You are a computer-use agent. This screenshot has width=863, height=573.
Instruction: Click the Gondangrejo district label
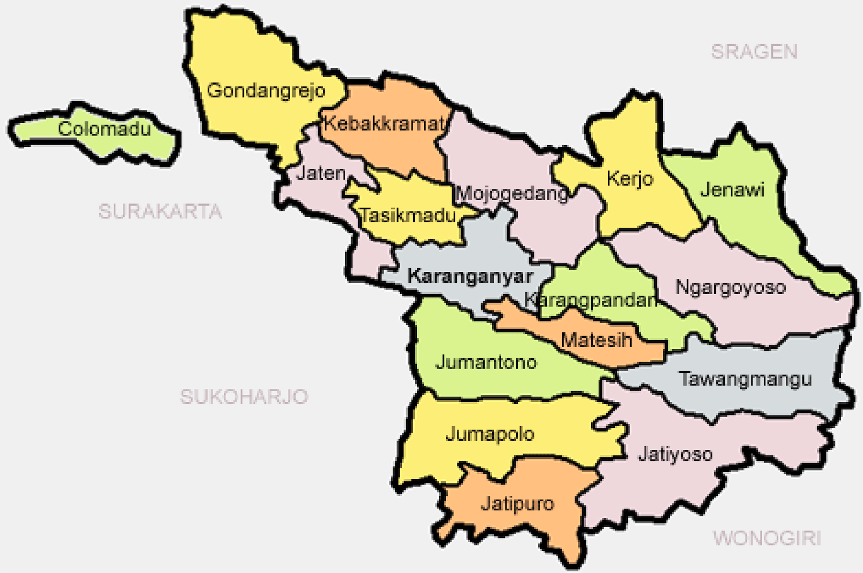click(266, 91)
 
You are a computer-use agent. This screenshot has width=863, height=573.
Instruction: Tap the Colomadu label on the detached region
click(104, 129)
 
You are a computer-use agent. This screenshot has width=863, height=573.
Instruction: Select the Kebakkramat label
click(383, 124)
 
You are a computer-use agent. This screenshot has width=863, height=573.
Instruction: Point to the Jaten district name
click(321, 173)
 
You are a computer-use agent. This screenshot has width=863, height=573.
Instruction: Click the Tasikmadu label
click(408, 216)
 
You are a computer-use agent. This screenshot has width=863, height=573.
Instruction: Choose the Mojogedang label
click(512, 193)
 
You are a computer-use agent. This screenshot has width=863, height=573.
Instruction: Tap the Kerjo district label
click(629, 179)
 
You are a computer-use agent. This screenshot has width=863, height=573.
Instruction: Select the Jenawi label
click(732, 190)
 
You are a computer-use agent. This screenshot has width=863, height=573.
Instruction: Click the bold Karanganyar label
click(470, 276)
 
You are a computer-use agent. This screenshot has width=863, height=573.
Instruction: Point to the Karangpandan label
click(590, 300)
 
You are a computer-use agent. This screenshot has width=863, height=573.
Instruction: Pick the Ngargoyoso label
click(730, 288)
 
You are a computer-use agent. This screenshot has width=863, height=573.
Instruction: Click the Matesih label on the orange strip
click(596, 340)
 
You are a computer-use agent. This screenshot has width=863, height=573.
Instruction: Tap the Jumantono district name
click(486, 362)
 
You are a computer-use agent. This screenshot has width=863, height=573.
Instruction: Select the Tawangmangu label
click(745, 379)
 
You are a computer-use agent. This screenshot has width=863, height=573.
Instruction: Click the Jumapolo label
click(490, 434)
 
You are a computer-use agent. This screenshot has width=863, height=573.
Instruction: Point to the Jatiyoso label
click(675, 454)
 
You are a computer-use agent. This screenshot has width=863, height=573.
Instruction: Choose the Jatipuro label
click(517, 504)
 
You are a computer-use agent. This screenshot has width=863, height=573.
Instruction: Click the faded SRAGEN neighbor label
click(754, 52)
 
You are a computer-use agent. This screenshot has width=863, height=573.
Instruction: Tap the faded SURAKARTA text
click(160, 212)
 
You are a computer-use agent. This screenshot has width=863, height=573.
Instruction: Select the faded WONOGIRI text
click(766, 538)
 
